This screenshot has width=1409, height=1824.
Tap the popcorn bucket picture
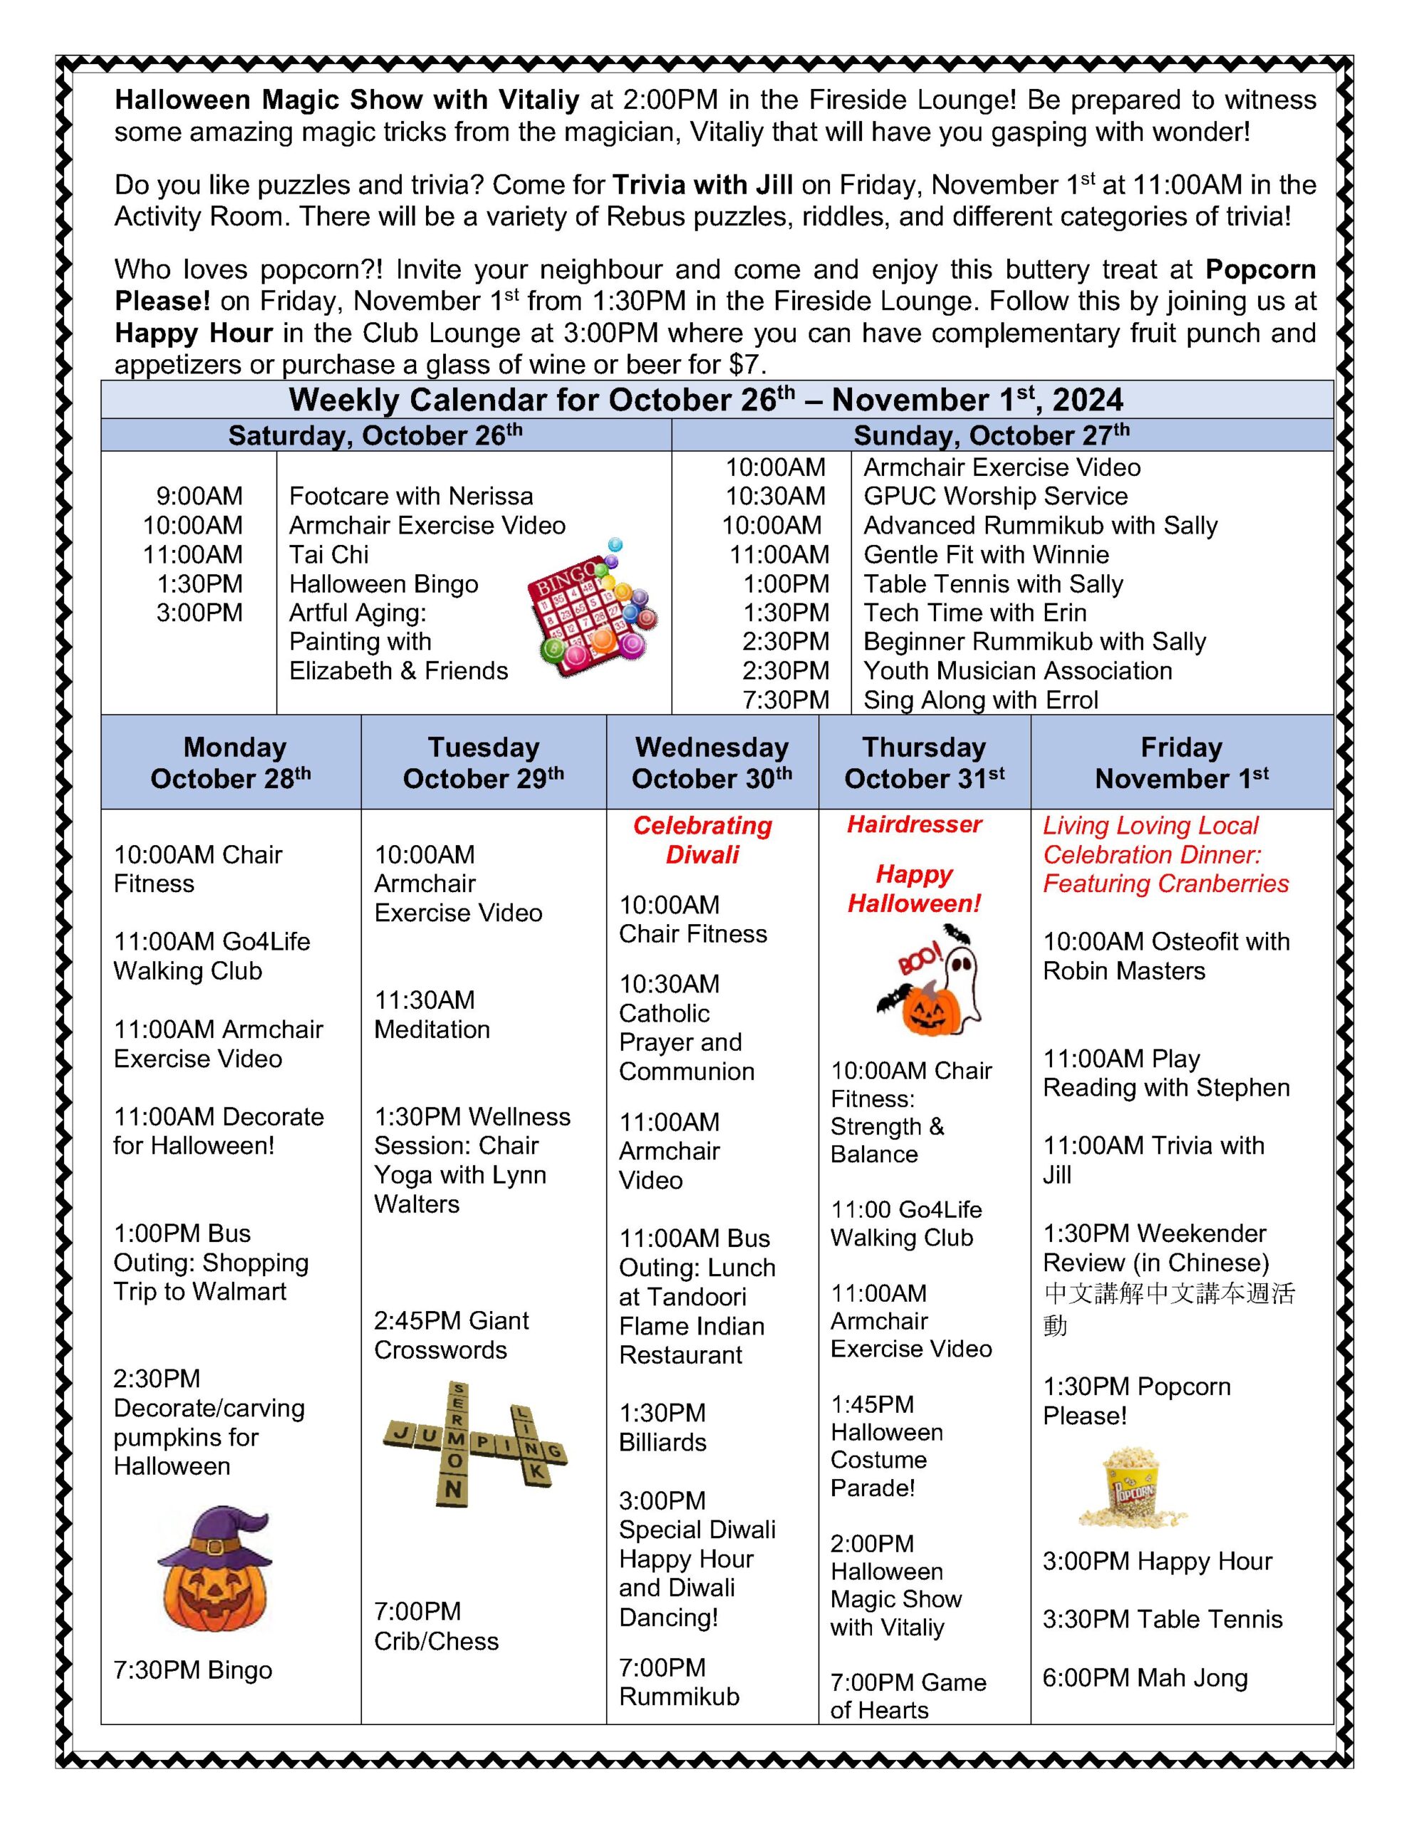[x=1132, y=1489]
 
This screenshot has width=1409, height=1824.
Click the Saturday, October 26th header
[x=375, y=435]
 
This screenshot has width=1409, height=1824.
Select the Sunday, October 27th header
[x=992, y=435]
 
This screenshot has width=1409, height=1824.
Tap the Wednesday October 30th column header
[x=712, y=762]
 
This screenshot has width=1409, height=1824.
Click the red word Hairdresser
[x=914, y=825]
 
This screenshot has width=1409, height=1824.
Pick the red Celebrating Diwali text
[x=702, y=839]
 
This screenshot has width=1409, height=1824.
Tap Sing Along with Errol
[x=981, y=700]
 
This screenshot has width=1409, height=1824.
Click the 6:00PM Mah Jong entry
[x=1144, y=1678]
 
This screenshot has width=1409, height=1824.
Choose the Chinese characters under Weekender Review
[x=1168, y=1309]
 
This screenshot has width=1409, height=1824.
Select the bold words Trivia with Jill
[x=713, y=185]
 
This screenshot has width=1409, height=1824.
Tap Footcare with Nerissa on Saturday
[x=411, y=496]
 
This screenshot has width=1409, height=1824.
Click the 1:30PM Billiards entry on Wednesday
[x=662, y=1427]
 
